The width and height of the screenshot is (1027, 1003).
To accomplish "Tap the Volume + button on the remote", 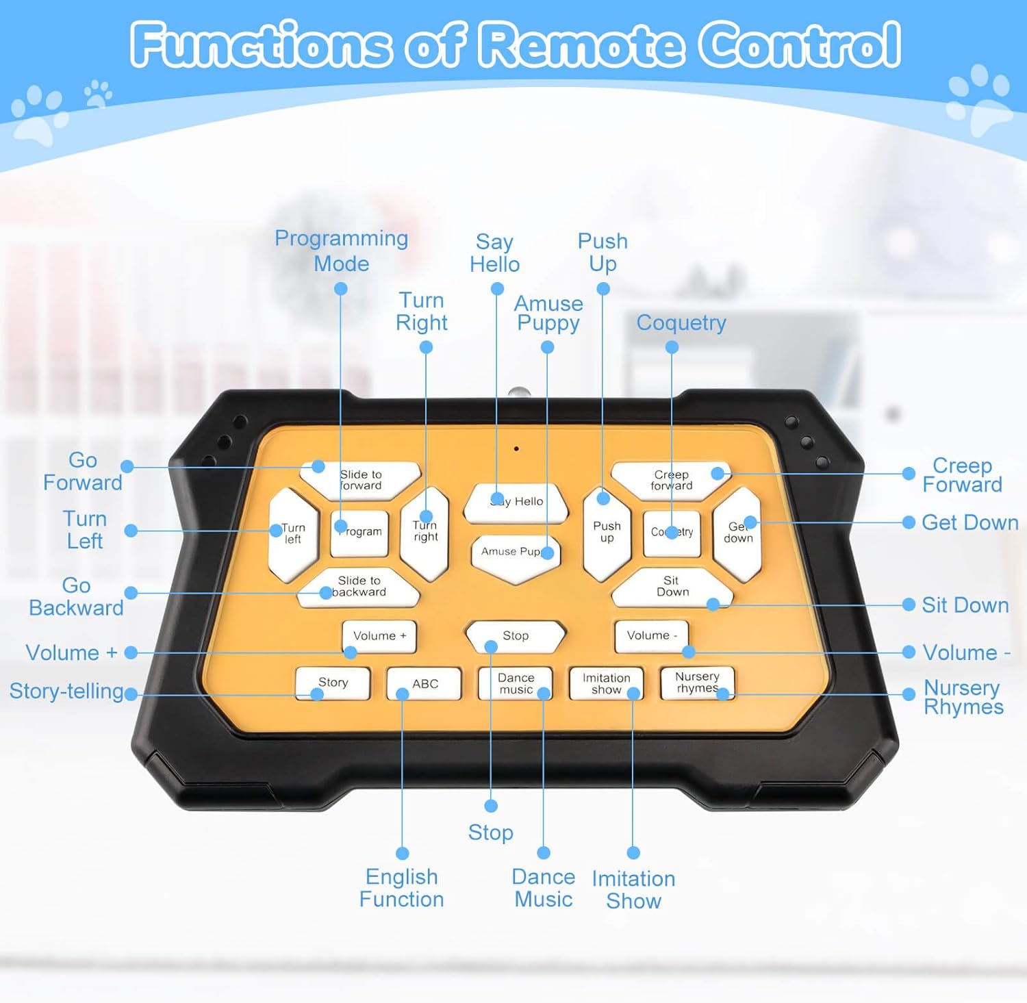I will (x=379, y=636).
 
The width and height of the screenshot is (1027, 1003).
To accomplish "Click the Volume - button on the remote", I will (x=651, y=635).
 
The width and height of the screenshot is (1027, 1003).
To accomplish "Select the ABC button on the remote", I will (x=424, y=683).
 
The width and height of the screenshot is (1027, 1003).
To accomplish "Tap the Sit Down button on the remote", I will (x=671, y=587).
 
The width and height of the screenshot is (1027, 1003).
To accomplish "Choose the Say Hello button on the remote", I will (x=516, y=503).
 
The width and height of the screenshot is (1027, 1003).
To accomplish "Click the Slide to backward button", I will (x=359, y=587).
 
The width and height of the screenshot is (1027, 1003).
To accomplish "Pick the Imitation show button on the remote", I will (x=606, y=683).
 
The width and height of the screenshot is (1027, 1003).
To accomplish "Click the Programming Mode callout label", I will (x=341, y=251).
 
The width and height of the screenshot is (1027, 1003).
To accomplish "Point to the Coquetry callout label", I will (x=681, y=322).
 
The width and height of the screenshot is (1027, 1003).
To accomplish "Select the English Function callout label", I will (x=402, y=888).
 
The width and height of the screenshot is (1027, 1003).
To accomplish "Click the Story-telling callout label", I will (x=66, y=691).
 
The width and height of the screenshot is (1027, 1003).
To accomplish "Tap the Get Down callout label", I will (x=969, y=523).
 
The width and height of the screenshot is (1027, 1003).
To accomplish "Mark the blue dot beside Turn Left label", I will (x=131, y=531).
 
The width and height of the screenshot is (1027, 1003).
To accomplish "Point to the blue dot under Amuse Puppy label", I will (x=547, y=348).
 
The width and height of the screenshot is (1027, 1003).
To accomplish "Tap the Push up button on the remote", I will (x=607, y=532).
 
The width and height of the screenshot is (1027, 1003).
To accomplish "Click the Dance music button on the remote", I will (x=516, y=683).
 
